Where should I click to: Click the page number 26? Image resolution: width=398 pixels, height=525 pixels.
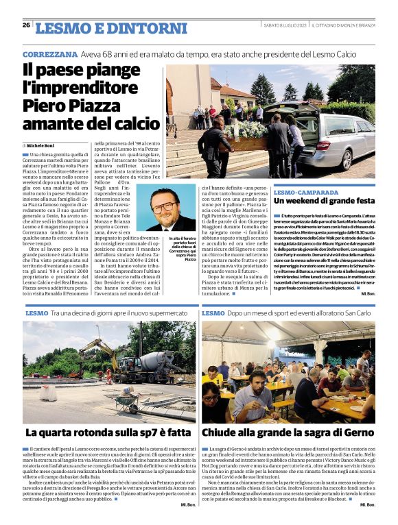(26, 25)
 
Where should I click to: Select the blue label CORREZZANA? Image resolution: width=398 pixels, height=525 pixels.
(49, 53)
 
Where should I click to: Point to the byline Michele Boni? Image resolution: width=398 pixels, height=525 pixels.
(41, 146)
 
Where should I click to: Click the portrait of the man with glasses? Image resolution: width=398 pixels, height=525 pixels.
(171, 209)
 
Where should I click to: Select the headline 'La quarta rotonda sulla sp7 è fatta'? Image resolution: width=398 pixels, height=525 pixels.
(108, 433)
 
